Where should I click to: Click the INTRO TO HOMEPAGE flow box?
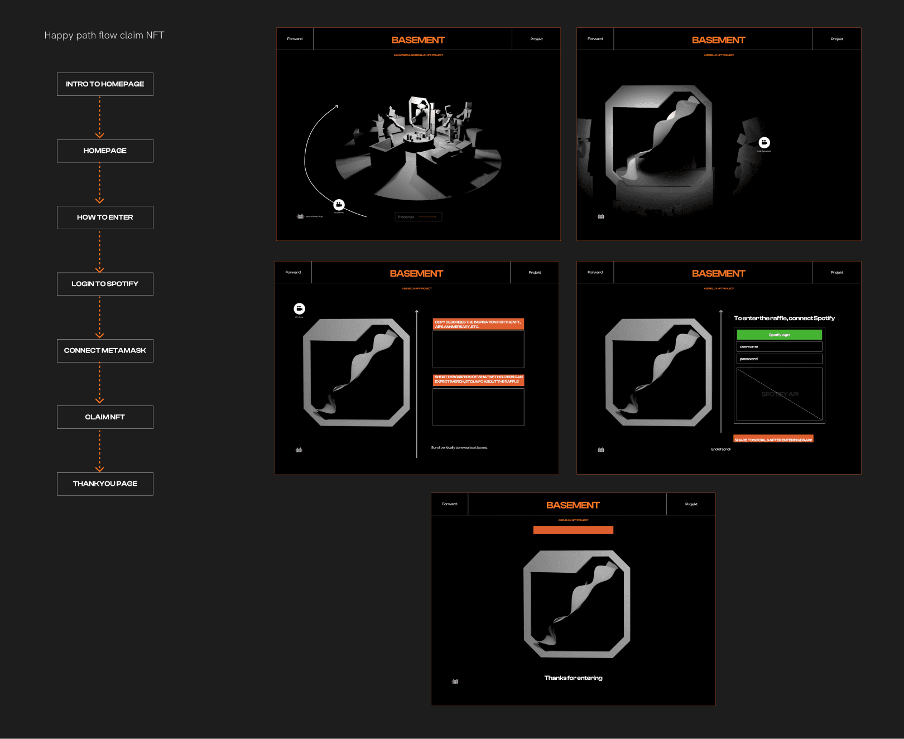(x=105, y=84)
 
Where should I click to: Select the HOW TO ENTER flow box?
(x=105, y=218)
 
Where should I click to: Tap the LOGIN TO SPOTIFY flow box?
(x=105, y=284)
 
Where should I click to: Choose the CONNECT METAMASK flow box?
(x=105, y=351)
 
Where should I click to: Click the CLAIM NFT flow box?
(x=105, y=417)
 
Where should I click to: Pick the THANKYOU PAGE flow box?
(x=105, y=484)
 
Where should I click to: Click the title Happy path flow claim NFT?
(x=104, y=35)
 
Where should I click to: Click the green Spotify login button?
(x=779, y=335)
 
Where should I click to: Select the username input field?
(x=779, y=347)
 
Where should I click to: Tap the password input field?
(x=779, y=359)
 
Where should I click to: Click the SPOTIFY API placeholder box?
(x=779, y=394)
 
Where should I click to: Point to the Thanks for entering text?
(x=573, y=678)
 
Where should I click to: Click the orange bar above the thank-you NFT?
(x=573, y=530)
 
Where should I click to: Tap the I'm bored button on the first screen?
(x=418, y=217)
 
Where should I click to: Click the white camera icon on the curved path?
(x=339, y=205)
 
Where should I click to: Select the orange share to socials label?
(x=773, y=439)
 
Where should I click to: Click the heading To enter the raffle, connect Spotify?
(x=784, y=318)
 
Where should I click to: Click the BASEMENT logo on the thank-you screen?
(x=573, y=505)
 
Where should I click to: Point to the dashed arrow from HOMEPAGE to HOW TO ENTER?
(x=100, y=183)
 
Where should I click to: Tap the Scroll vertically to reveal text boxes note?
(x=459, y=448)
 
